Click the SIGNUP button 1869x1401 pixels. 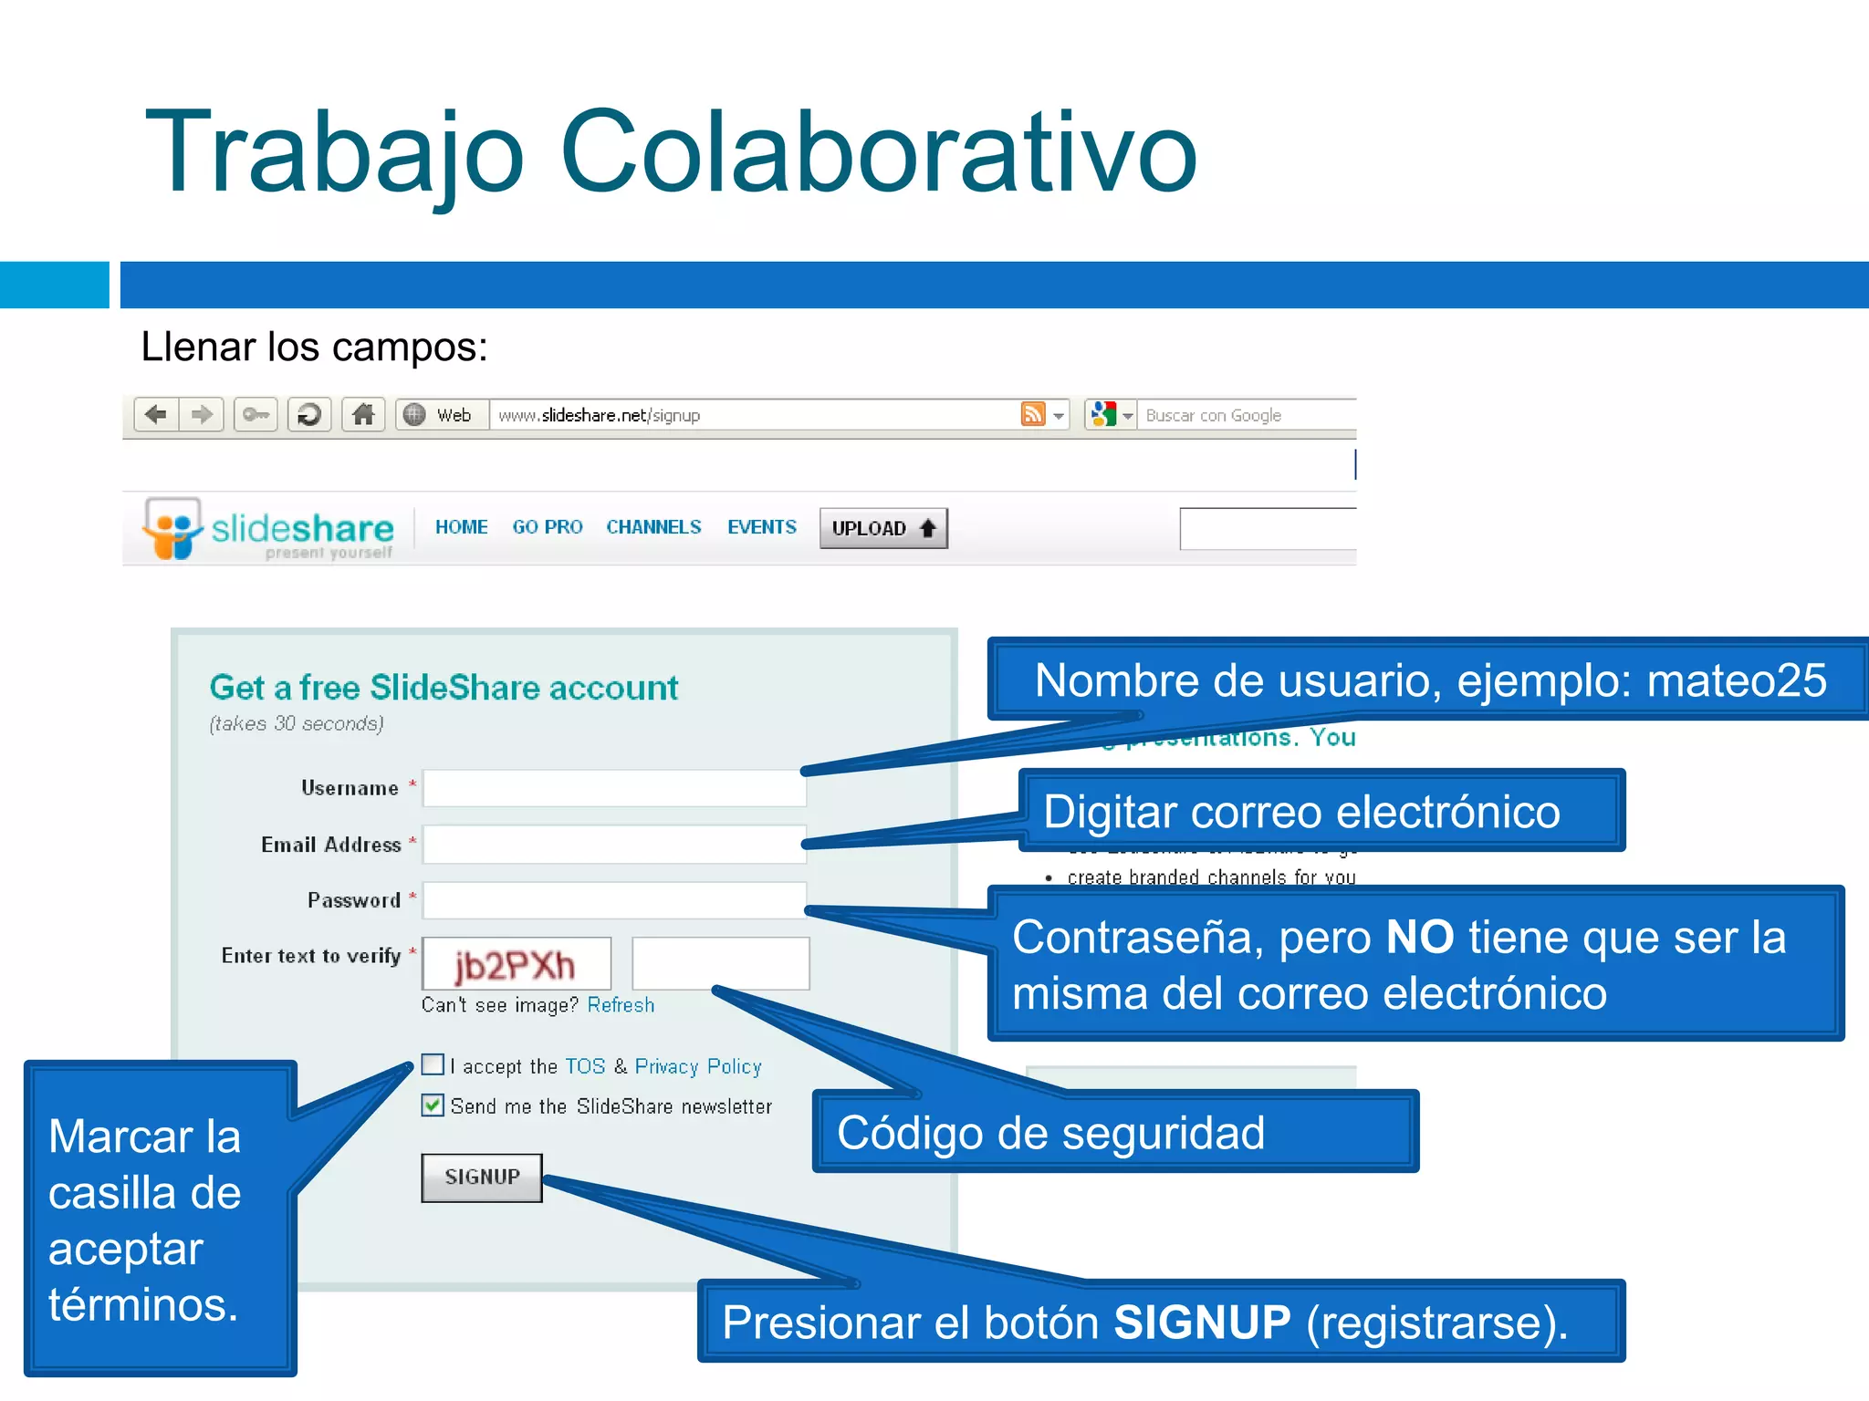[x=482, y=1177]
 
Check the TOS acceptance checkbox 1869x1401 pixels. [x=433, y=1064]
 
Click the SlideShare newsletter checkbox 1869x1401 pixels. [x=433, y=1105]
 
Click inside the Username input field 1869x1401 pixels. [x=614, y=788]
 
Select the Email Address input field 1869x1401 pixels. [x=614, y=845]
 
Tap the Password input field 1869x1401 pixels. [x=614, y=900]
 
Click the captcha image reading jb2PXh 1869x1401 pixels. [x=517, y=964]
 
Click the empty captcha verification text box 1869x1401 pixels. [x=720, y=963]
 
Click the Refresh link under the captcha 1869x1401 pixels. [x=621, y=1005]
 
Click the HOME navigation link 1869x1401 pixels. [x=461, y=527]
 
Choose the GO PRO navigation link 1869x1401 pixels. [x=548, y=527]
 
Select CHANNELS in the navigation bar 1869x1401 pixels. [x=653, y=527]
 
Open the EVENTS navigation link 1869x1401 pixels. [x=762, y=527]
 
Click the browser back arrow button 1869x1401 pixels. [x=156, y=415]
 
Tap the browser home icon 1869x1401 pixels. [x=363, y=415]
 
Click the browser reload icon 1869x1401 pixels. [x=309, y=415]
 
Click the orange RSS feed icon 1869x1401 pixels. [x=1032, y=415]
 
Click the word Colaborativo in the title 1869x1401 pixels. [x=878, y=153]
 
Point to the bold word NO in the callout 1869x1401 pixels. [x=1420, y=937]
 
